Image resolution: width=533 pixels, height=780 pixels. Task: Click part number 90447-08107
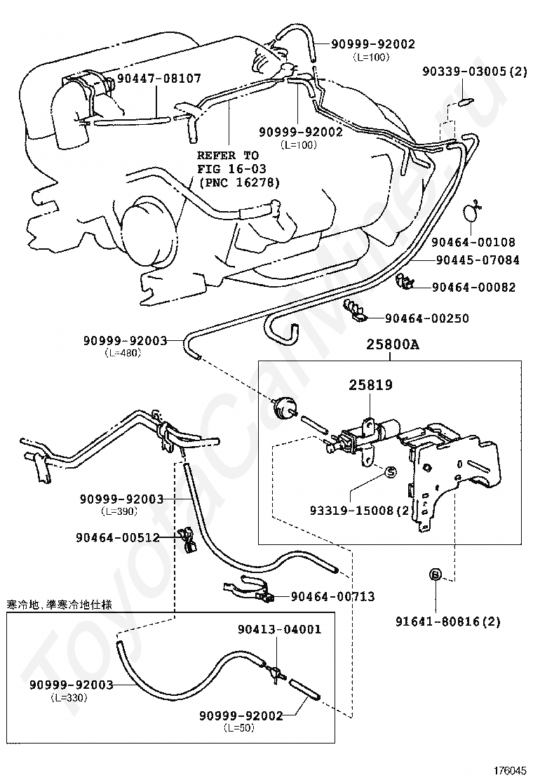pyautogui.click(x=159, y=79)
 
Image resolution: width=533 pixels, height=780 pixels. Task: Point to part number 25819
pyautogui.click(x=371, y=385)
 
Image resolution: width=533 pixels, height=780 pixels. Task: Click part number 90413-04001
pyautogui.click(x=279, y=629)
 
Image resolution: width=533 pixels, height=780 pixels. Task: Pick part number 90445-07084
pyautogui.click(x=478, y=260)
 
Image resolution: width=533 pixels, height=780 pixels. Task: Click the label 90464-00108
pyautogui.click(x=473, y=243)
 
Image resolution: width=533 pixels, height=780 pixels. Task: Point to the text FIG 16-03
pyautogui.click(x=228, y=168)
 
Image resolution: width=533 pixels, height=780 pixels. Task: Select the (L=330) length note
pyautogui.click(x=71, y=698)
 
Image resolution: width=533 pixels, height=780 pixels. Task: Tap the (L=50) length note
pyautogui.click(x=240, y=728)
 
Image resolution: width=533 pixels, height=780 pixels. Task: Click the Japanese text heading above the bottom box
pyautogui.click(x=60, y=604)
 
